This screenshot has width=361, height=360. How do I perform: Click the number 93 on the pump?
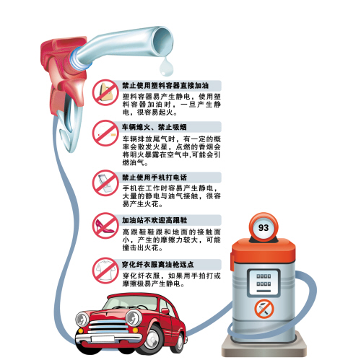pos(264,227)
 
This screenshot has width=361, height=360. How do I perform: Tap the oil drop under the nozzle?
pos(166,66)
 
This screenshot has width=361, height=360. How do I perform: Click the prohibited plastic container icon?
pos(105,92)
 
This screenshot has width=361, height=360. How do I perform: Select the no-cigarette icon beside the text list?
pos(105,133)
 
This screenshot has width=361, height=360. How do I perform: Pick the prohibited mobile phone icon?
pos(105,183)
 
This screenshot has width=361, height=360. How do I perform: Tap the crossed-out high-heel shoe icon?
pos(105,225)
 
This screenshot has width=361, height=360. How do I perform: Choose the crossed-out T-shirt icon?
pos(105,271)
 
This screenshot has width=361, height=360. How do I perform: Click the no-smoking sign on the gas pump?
pos(264,309)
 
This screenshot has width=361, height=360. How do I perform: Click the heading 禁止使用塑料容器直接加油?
pos(165,85)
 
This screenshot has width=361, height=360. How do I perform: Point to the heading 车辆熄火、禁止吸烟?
pos(154,127)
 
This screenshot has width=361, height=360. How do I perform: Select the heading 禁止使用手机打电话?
pos(155,177)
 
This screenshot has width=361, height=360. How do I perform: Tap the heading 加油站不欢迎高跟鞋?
pos(155,220)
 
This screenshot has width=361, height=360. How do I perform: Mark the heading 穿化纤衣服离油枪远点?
pos(157,265)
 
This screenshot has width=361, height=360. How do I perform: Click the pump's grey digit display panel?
pos(264,283)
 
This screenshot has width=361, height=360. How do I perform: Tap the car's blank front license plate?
pos(103,338)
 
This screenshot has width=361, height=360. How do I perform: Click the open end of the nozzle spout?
pos(164,41)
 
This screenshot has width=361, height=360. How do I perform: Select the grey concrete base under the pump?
pos(264,346)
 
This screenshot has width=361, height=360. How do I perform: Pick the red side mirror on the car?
pos(165,312)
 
